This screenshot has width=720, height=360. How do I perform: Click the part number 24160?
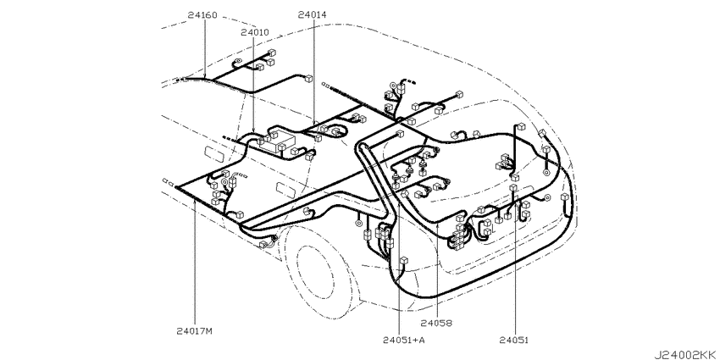point(202,14)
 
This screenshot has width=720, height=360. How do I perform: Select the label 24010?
point(255,32)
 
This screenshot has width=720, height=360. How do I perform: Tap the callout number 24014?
point(312,14)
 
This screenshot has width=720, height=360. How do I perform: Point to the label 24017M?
point(195,330)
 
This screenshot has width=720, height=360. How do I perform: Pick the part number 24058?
point(437,324)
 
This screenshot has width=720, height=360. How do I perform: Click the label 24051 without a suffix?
point(514,341)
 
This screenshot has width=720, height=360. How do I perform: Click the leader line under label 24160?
point(204,49)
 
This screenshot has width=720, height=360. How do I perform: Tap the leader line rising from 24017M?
point(195,263)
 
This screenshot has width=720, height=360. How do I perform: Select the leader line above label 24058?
point(437,270)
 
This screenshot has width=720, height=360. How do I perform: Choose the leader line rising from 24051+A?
point(399,269)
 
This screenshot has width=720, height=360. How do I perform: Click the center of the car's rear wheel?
point(316,272)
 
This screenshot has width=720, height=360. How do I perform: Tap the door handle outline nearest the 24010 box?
point(213,153)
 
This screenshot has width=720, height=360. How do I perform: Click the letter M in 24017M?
point(209,330)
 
